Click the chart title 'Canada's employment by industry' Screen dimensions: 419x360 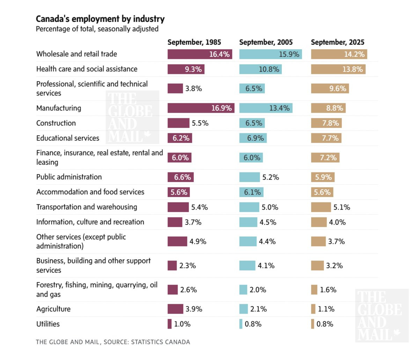[100, 19]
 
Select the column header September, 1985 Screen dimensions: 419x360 [194, 42]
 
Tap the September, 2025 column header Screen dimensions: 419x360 [337, 42]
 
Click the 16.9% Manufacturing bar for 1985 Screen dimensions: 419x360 [201, 108]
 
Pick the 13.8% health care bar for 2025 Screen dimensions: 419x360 [338, 69]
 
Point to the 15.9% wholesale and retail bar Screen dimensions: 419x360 [270, 54]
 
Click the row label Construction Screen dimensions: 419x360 [56, 123]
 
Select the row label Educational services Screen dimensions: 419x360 [68, 138]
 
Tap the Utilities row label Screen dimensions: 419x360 [48, 324]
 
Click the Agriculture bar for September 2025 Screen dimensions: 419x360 [313, 309]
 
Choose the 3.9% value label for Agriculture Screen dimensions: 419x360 [194, 309]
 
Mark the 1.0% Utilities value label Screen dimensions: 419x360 [182, 324]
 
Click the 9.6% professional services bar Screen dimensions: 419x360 [330, 89]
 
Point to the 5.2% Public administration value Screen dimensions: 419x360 [271, 177]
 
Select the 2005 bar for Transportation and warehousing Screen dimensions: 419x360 [249, 207]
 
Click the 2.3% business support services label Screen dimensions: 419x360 [188, 265]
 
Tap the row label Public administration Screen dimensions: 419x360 [69, 177]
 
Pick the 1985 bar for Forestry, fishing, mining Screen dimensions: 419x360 [172, 290]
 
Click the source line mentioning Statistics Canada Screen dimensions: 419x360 [113, 342]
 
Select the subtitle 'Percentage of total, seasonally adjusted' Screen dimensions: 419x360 [97, 29]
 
